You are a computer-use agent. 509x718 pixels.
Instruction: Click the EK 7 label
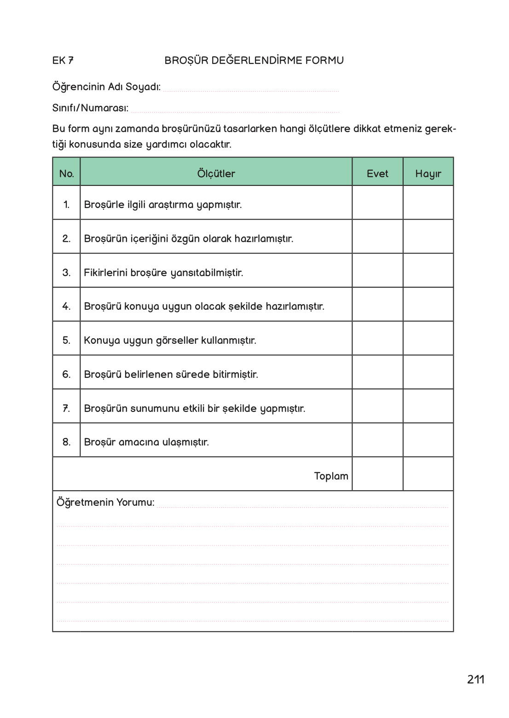coord(63,60)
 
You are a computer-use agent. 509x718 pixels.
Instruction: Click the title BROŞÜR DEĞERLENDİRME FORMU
coord(254,60)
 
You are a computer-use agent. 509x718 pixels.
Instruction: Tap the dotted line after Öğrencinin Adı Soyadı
coord(251,89)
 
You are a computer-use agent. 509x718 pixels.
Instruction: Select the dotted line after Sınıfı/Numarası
coord(235,110)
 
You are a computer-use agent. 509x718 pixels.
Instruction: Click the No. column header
coord(66,174)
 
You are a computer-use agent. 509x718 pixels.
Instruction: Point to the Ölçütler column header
coord(216,174)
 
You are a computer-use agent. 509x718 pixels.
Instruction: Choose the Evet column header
coord(377,174)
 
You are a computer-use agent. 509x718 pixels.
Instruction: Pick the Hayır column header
coord(428,174)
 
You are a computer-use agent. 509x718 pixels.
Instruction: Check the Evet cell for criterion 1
coord(377,203)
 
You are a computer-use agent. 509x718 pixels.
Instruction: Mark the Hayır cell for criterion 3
coord(428,271)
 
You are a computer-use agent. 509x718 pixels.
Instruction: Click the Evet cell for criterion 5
coord(377,338)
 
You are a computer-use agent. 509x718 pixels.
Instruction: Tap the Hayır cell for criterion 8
coord(428,440)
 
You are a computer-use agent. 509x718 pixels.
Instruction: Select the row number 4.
coord(66,306)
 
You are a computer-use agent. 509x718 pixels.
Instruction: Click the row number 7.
coord(66,408)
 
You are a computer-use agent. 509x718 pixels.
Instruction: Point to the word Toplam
coord(331,476)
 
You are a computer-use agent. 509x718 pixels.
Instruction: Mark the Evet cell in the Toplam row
coord(377,474)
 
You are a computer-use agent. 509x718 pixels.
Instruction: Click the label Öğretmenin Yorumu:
coord(105,502)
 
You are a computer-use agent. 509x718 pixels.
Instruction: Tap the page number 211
coord(475,679)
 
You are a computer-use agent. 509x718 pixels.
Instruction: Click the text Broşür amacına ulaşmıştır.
coord(146,442)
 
